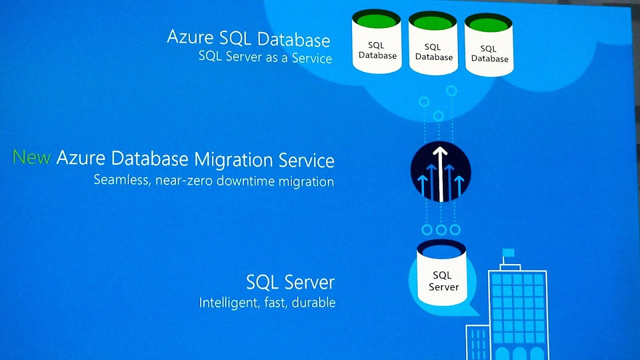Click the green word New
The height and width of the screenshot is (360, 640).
pos(31,157)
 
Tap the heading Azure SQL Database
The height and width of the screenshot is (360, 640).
pos(248,38)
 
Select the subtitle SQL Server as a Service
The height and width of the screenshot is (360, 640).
pos(265,57)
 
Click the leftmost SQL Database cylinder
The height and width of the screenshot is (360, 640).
pos(377,44)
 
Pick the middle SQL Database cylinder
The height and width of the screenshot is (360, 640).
pos(433,46)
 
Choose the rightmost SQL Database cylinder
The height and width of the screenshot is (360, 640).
pos(489,48)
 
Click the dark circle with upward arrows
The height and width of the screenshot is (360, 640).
pos(440,172)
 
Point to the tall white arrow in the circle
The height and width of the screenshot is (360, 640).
pos(440,173)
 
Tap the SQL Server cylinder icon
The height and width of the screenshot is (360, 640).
pos(441,274)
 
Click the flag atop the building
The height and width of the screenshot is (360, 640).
pos(508,252)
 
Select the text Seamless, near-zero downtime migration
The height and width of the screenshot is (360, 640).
pos(213,180)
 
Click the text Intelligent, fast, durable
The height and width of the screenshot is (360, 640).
pos(267,302)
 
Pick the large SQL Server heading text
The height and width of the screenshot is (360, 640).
pos(290,282)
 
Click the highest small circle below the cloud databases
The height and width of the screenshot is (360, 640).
pos(451,90)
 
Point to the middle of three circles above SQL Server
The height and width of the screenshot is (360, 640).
pos(441,230)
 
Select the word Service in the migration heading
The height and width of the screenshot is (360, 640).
pos(306,160)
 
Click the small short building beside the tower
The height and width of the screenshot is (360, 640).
pos(478,342)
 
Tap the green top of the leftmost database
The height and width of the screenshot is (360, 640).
pos(376,20)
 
